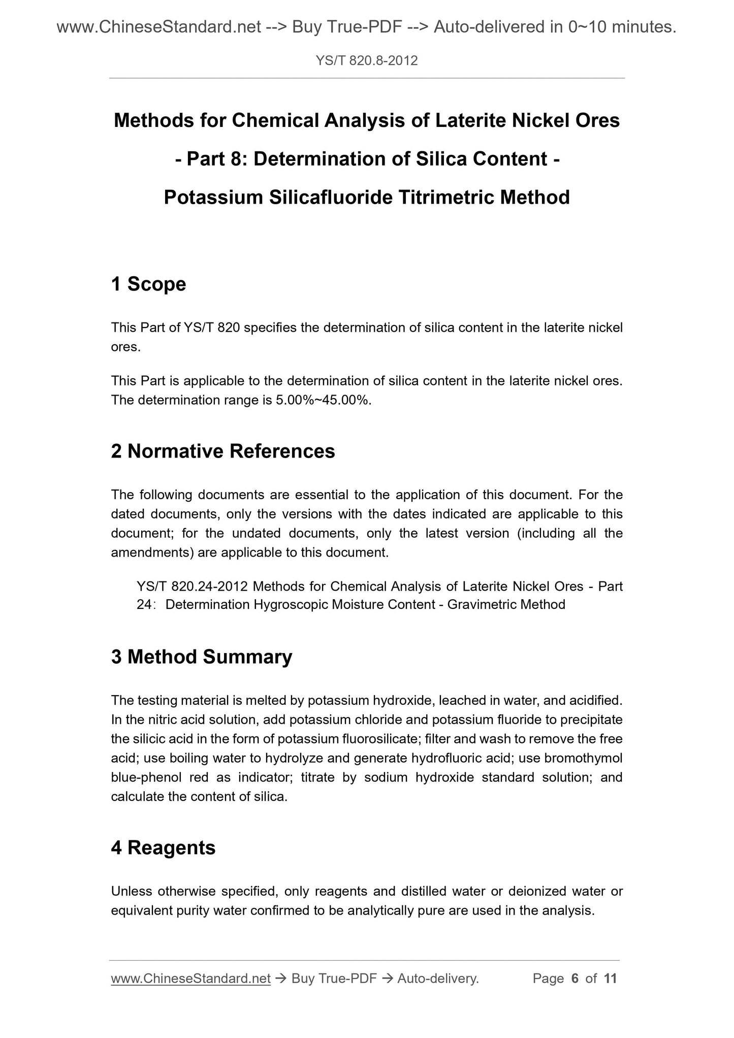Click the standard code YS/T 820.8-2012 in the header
(366, 61)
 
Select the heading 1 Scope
(148, 284)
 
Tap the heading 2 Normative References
(223, 451)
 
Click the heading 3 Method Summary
(202, 657)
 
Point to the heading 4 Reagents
(163, 848)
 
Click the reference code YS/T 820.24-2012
(192, 587)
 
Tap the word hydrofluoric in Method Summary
(444, 758)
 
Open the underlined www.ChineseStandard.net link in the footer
(190, 978)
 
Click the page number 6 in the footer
(575, 978)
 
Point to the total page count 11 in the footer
(610, 978)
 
